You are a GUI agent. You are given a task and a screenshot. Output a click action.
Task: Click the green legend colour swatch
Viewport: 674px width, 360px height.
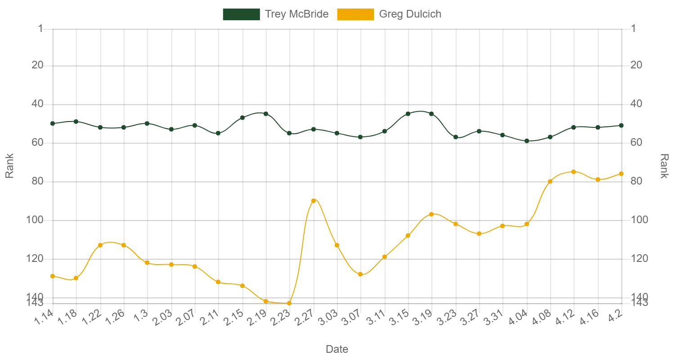click(240, 14)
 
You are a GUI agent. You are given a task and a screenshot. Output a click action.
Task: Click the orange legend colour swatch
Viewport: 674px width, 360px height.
click(355, 14)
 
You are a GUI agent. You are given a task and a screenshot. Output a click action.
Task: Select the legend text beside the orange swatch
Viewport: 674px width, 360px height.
click(410, 14)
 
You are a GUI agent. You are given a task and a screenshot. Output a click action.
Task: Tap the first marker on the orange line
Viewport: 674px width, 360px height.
click(52, 276)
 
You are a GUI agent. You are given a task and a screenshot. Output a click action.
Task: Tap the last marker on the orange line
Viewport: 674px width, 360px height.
click(622, 173)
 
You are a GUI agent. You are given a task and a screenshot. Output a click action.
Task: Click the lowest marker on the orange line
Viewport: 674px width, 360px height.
click(289, 303)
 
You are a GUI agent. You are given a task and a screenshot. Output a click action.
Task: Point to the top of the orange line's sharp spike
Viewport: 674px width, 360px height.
click(315, 200)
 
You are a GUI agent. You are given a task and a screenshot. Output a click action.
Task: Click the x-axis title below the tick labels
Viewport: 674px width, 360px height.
click(337, 347)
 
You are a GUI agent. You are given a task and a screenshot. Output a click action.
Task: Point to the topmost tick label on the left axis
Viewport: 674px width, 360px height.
click(40, 27)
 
